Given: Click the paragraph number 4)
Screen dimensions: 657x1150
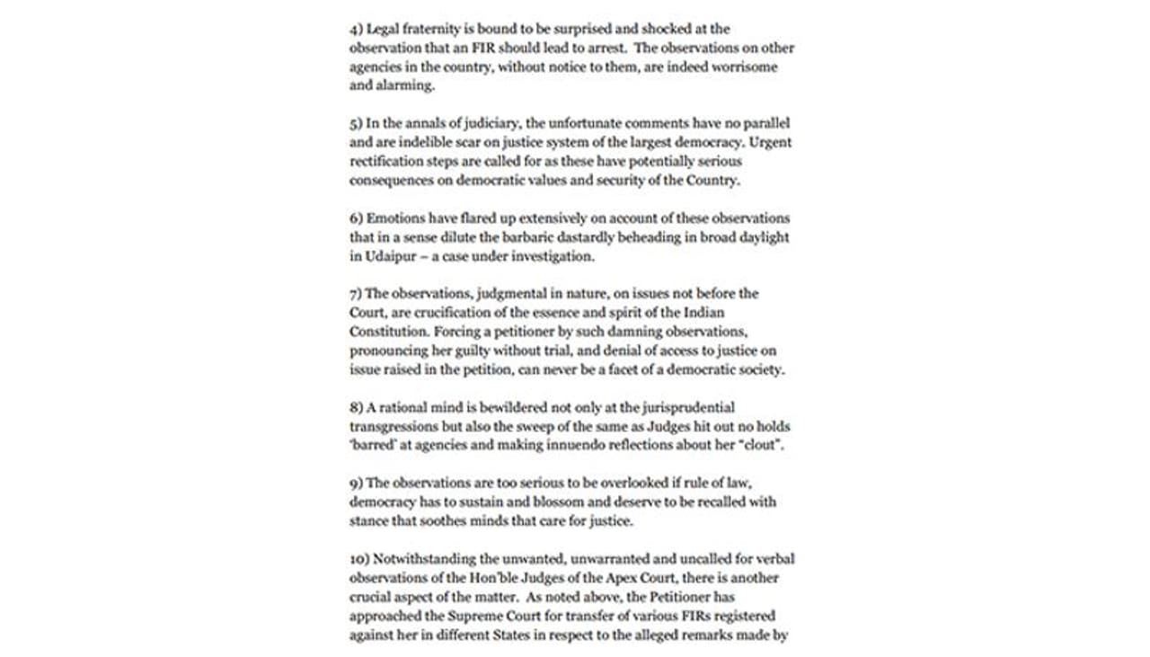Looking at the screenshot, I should point(356,29).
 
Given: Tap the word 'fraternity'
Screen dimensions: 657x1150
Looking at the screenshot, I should point(429,29).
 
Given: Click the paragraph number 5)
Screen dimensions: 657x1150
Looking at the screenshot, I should point(356,123).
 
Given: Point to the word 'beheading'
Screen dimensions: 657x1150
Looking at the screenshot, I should point(634,237).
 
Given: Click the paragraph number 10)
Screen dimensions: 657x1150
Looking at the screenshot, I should point(359,558).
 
